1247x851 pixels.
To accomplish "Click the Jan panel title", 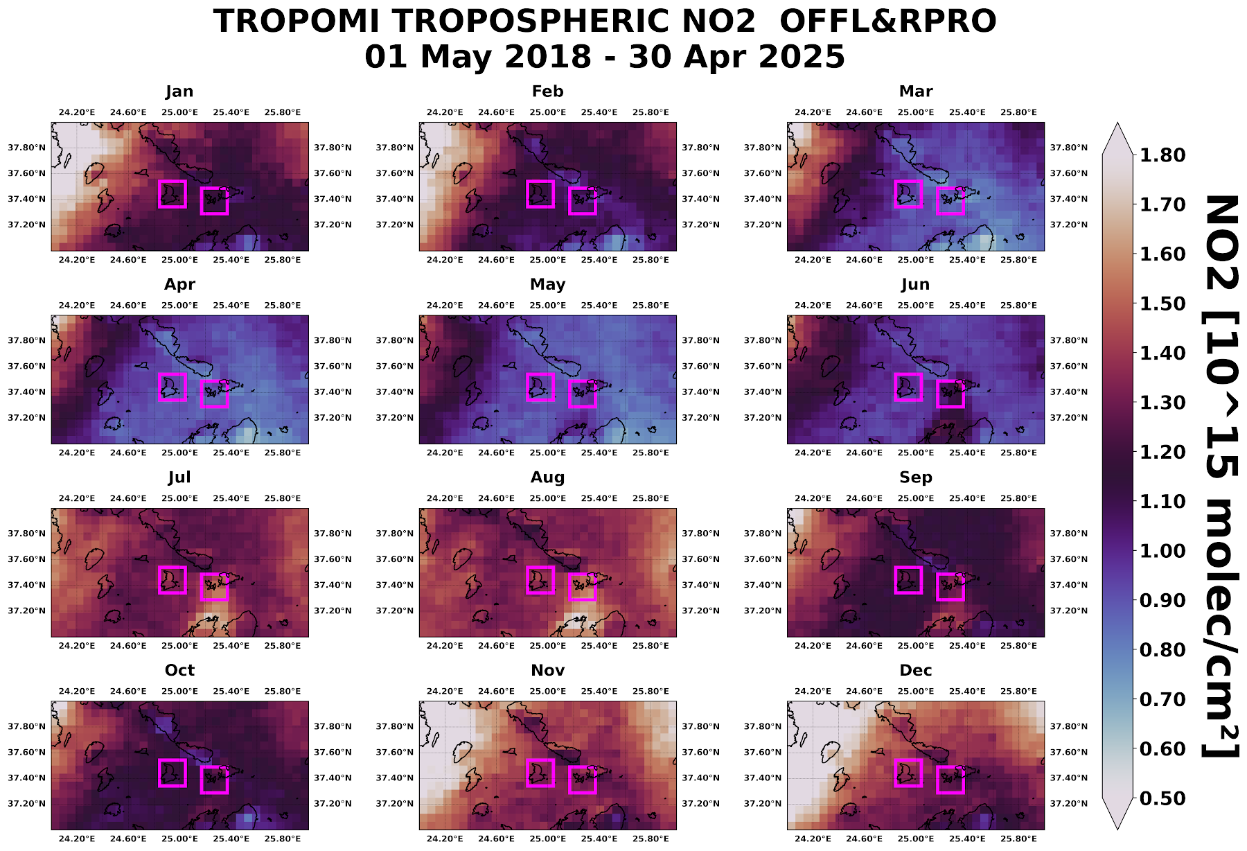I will coord(179,91).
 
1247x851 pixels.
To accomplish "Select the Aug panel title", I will coord(547,477).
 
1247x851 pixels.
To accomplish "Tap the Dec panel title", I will coord(915,670).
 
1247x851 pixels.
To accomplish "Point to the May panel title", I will coord(547,284).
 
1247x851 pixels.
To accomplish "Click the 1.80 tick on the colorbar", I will coord(1162,155).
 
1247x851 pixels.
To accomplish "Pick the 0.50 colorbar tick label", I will coord(1162,798).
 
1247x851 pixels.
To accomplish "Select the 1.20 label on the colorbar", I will coord(1162,452).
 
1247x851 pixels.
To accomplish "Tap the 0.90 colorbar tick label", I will coord(1162,600).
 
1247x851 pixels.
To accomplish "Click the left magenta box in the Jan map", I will coord(173,194).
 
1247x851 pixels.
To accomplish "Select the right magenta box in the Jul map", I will coord(214,587).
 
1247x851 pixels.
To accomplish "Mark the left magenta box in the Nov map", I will coord(540,773).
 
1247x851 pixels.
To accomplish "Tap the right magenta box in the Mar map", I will coord(950,201).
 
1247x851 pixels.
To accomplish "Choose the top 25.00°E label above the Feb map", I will coord(547,112).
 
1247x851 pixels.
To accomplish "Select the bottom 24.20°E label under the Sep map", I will coord(813,646).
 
